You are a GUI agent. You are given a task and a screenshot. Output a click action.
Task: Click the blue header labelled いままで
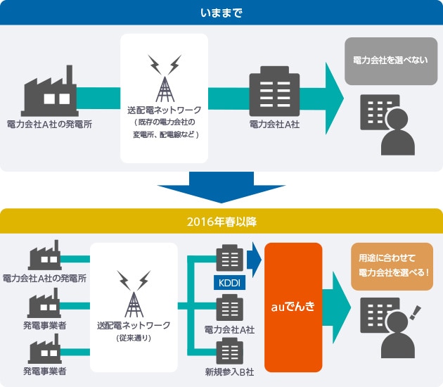(222, 12)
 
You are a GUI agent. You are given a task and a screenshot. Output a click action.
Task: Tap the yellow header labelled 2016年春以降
(222, 222)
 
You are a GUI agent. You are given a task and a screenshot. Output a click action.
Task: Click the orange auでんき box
(293, 307)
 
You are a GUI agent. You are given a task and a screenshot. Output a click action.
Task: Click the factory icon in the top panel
(49, 89)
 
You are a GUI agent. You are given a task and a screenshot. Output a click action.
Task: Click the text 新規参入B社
(228, 371)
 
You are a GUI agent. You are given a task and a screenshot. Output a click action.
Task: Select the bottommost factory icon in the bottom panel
(44, 350)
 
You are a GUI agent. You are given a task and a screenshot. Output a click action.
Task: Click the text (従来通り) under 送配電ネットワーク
(134, 338)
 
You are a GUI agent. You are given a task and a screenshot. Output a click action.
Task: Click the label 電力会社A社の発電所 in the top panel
(49, 124)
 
